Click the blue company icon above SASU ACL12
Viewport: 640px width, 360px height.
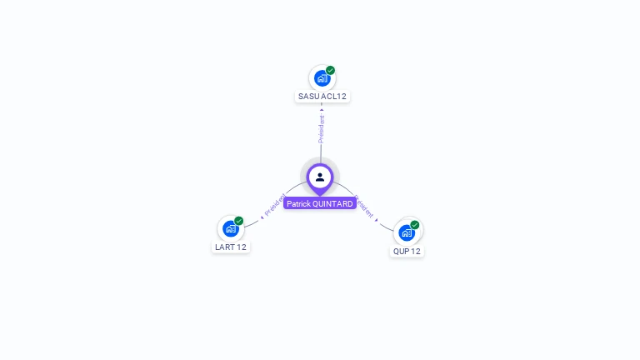coord(321,79)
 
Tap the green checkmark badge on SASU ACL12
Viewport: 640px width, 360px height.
coord(331,71)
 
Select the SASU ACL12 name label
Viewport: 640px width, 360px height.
coord(322,97)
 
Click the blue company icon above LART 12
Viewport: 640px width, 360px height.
coord(230,229)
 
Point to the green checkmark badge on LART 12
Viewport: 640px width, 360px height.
coord(239,221)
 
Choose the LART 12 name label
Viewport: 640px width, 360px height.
coord(231,247)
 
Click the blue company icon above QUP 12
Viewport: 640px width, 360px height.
coord(406,232)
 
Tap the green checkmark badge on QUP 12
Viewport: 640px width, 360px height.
coord(415,224)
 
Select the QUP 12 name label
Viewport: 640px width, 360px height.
coord(407,251)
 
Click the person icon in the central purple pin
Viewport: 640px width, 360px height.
coord(320,177)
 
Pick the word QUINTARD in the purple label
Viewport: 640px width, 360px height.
coord(333,203)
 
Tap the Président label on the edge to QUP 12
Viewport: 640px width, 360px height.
coord(364,207)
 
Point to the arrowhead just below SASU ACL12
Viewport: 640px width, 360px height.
coord(322,109)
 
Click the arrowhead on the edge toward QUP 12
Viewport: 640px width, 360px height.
coord(377,219)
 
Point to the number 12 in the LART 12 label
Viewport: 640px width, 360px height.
coord(242,247)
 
